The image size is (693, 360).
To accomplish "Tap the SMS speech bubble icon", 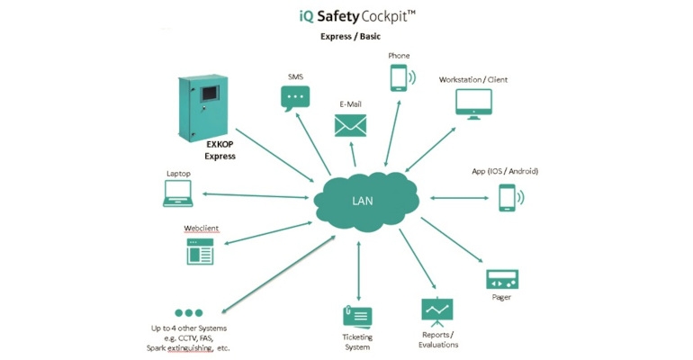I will pos(295,99).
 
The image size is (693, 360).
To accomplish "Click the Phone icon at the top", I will pos(399,78).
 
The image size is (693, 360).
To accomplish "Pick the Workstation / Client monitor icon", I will pos(472,103).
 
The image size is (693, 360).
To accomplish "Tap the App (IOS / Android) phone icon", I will pos(508,197).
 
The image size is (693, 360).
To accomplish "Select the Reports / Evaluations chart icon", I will pos(437,311).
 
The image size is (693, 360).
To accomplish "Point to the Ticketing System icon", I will pos(356,317).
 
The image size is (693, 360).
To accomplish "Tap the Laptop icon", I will pos(177,193).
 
